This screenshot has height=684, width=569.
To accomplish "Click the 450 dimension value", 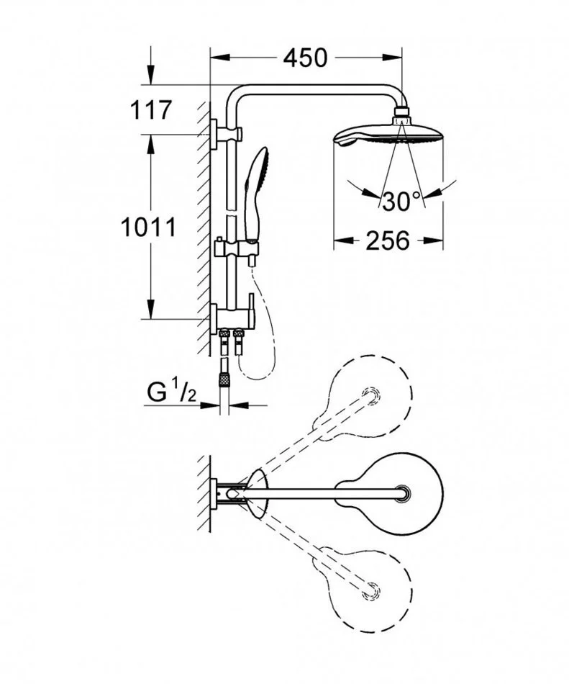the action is [x=304, y=58].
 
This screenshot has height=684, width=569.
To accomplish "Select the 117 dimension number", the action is [x=151, y=110].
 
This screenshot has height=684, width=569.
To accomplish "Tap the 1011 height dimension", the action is [x=149, y=228].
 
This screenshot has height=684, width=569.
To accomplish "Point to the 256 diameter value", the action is [x=388, y=240].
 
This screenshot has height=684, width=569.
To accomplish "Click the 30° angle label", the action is [x=401, y=201].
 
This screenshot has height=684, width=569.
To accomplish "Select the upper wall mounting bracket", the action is [x=226, y=135].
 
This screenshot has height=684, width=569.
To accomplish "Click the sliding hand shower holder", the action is [x=237, y=251].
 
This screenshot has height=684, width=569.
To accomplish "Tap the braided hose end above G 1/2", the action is [x=224, y=379].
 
